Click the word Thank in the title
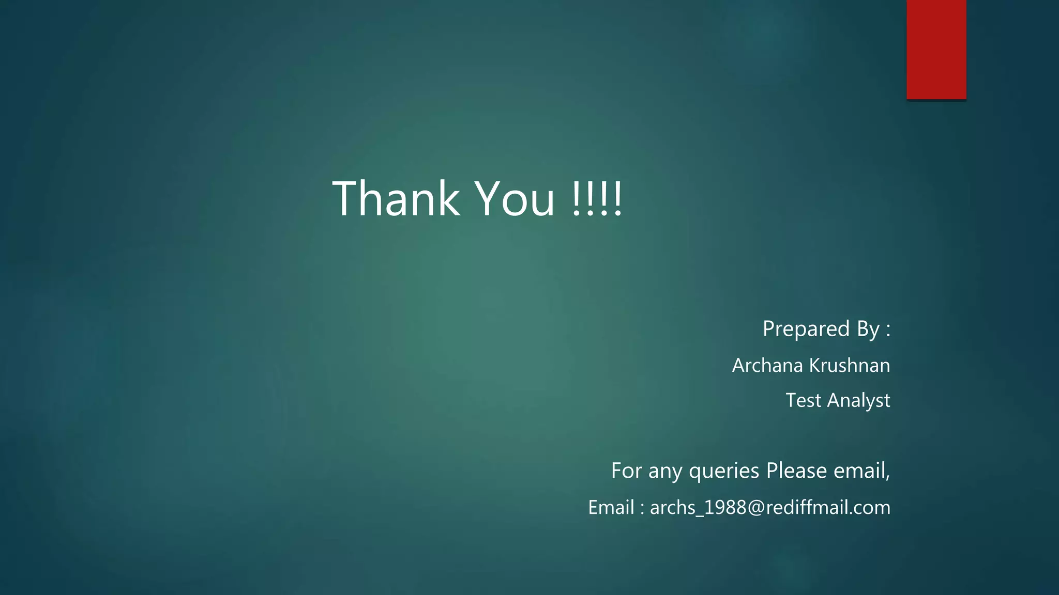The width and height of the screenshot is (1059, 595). click(x=396, y=198)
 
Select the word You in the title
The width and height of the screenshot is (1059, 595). click(x=515, y=198)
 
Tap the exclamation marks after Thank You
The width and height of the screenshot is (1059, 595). click(x=597, y=198)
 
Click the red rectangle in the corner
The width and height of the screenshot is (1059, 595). click(x=936, y=50)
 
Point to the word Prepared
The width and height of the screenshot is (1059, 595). click(x=806, y=329)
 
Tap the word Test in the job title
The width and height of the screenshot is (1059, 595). click(x=803, y=400)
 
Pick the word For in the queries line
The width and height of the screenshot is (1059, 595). click(x=626, y=471)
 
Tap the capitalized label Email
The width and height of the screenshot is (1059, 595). click(x=611, y=507)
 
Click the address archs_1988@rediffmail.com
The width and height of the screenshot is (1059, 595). click(x=770, y=507)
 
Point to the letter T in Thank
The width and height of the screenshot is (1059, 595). click(x=346, y=198)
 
